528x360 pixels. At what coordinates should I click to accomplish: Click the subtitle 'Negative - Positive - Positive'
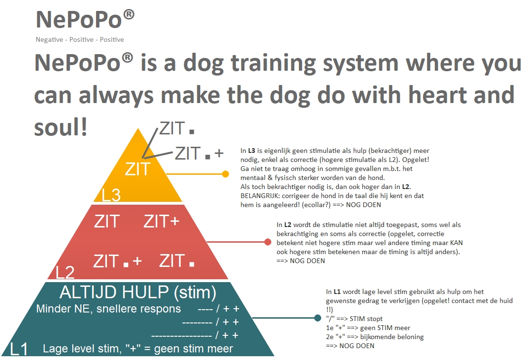(80, 40)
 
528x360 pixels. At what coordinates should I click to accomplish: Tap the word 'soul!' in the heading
(61, 127)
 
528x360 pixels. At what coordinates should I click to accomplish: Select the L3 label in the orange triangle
(111, 195)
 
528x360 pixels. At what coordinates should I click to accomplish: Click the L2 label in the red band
(65, 272)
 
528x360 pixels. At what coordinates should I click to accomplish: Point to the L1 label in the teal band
(19, 349)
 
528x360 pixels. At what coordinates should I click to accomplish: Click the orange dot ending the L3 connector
(226, 174)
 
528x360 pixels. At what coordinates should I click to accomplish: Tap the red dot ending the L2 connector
(268, 242)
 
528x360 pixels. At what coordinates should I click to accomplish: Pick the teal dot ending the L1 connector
(317, 318)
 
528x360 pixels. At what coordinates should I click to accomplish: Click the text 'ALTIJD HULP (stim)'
(138, 292)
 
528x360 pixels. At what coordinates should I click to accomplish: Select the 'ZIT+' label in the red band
(162, 221)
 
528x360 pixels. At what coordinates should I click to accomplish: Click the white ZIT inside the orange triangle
(137, 169)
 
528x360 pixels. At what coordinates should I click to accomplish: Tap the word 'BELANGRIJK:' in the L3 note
(260, 196)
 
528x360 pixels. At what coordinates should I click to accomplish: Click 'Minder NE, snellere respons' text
(108, 309)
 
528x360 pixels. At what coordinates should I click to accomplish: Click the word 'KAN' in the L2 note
(457, 243)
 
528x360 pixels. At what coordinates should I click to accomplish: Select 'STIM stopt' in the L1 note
(366, 319)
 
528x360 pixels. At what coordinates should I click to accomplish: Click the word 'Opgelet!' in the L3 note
(415, 160)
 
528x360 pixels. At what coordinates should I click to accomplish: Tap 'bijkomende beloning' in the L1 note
(392, 337)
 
